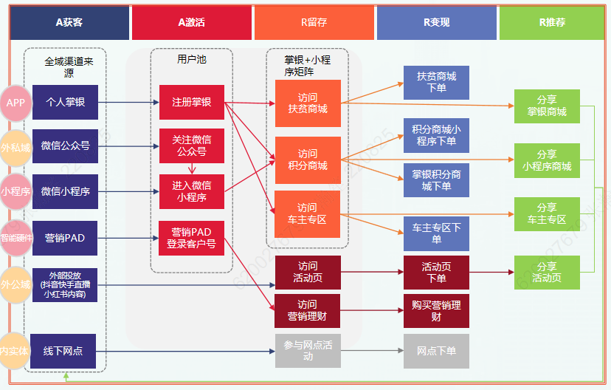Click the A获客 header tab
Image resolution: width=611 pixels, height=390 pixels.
(69, 23)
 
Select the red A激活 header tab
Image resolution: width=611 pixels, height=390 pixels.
(192, 23)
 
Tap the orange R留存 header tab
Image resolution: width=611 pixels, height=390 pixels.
(314, 23)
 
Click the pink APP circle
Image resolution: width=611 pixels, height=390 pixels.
(15, 103)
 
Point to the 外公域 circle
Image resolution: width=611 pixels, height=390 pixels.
(15, 284)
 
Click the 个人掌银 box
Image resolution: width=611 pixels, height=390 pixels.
(65, 103)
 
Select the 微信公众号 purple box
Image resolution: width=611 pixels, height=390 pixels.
(65, 146)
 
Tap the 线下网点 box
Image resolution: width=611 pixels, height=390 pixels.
(65, 351)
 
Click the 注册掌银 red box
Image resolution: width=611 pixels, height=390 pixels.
(192, 103)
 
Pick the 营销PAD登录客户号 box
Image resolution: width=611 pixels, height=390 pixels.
(192, 238)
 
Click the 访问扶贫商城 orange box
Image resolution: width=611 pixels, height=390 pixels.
(308, 103)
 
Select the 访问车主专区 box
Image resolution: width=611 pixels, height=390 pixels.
(308, 213)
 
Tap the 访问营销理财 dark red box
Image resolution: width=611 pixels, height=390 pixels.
(308, 311)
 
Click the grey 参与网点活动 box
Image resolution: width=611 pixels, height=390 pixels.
(308, 351)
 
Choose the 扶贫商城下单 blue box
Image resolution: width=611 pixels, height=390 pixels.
(436, 82)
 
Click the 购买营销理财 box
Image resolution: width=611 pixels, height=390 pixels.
(436, 311)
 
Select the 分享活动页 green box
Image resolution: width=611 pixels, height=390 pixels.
(547, 273)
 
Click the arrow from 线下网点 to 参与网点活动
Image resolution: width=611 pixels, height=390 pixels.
(185, 351)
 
